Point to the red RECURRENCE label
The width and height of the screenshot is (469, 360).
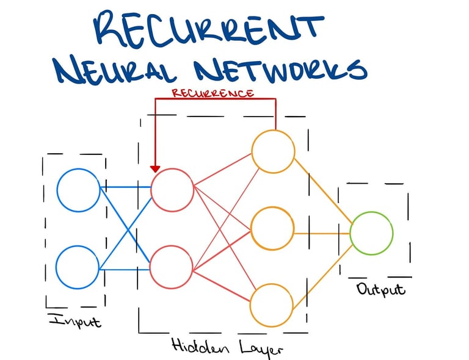(213, 93)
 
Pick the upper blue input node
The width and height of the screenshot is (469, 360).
(78, 189)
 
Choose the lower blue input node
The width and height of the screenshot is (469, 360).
(78, 267)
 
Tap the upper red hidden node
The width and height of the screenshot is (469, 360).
(172, 189)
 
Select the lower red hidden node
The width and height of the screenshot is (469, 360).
(172, 268)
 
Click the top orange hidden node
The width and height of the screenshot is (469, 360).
(273, 151)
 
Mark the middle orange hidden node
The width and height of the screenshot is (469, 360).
(273, 229)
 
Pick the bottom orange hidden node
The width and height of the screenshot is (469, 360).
(273, 304)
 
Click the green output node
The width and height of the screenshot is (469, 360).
(371, 233)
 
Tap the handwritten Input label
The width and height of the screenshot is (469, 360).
(74, 319)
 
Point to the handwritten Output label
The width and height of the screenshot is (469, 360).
(380, 289)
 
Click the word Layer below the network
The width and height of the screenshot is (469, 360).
(257, 348)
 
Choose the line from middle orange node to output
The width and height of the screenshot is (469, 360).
(322, 233)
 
